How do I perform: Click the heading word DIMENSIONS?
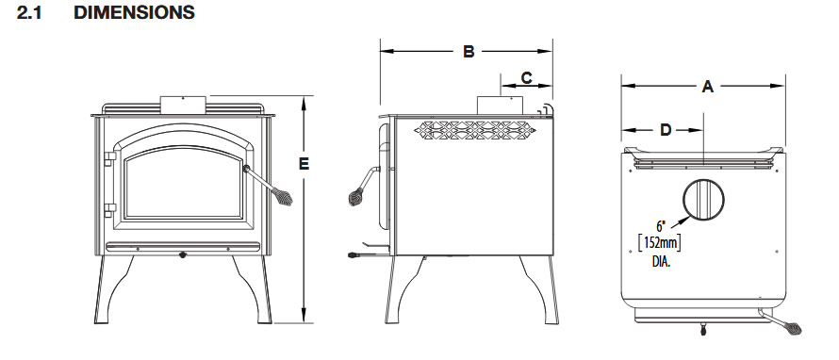[134, 13]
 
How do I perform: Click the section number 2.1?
[29, 13]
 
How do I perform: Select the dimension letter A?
[707, 86]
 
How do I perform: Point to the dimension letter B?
[469, 52]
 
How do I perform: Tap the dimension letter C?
[527, 78]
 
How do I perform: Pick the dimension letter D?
[666, 130]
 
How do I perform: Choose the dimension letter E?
[304, 164]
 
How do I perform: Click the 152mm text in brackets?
[660, 244]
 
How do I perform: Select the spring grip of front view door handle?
[282, 196]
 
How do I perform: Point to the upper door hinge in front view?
[110, 159]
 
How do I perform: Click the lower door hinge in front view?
[110, 210]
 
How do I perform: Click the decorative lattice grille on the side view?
[474, 130]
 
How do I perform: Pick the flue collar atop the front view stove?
[183, 105]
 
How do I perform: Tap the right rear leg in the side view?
[540, 289]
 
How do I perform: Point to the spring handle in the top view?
[784, 322]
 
